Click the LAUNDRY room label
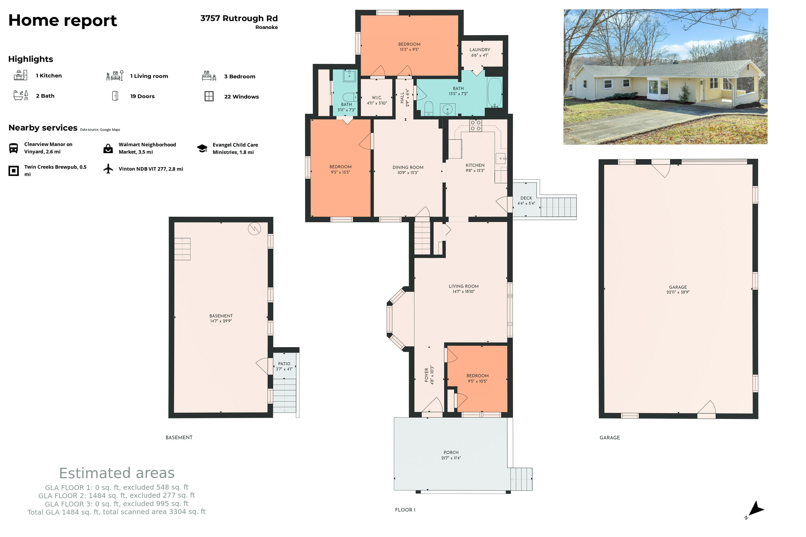[x=479, y=50]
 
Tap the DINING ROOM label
[x=408, y=168]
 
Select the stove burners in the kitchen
[x=475, y=125]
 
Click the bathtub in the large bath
[x=495, y=93]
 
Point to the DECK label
[x=526, y=198]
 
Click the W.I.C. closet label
[x=377, y=98]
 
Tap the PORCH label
[x=451, y=453]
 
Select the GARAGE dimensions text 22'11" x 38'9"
[x=678, y=292]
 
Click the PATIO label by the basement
[x=284, y=364]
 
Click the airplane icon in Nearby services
[x=108, y=169]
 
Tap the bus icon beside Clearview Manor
[x=13, y=148]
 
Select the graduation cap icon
[x=202, y=148]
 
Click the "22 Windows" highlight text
[x=242, y=96]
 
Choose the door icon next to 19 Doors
[x=115, y=96]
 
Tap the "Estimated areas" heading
[x=117, y=473]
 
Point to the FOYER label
[x=427, y=375]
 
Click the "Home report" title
[x=63, y=20]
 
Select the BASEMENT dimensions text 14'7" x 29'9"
[x=221, y=321]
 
